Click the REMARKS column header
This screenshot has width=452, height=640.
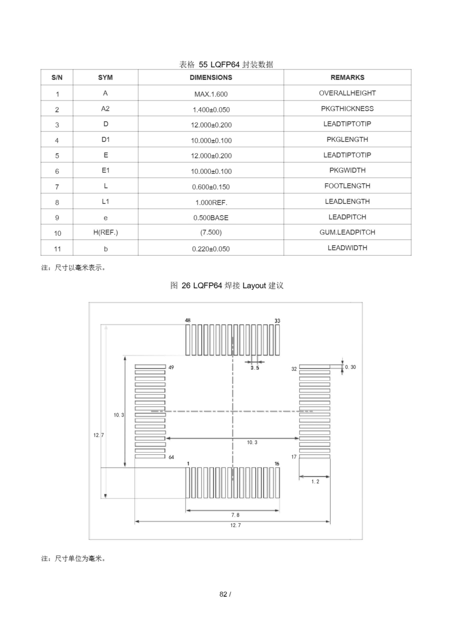(x=347, y=77)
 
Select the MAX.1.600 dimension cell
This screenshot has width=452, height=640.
(x=211, y=94)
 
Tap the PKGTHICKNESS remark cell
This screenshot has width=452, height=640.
(x=347, y=109)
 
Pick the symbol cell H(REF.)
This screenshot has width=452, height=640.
(x=106, y=232)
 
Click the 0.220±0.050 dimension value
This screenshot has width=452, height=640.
(x=211, y=249)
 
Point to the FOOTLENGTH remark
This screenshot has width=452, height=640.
(x=347, y=186)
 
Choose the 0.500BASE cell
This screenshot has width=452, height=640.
(x=211, y=218)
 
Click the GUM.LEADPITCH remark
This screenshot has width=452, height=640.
(x=347, y=232)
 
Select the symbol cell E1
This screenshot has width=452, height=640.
(x=106, y=170)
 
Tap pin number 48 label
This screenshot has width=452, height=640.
(x=188, y=320)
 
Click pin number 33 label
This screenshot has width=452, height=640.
(x=277, y=321)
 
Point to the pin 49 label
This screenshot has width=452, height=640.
(x=171, y=367)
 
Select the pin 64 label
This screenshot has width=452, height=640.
(x=171, y=457)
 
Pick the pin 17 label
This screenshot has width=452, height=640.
(x=294, y=457)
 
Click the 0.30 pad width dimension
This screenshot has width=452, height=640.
(x=350, y=367)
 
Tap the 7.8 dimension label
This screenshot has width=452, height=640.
(x=235, y=515)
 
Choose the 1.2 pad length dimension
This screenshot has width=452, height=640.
(x=315, y=481)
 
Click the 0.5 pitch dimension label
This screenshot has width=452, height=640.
(x=254, y=368)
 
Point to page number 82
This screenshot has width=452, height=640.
(x=223, y=594)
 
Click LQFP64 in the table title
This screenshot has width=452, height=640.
(x=225, y=65)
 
